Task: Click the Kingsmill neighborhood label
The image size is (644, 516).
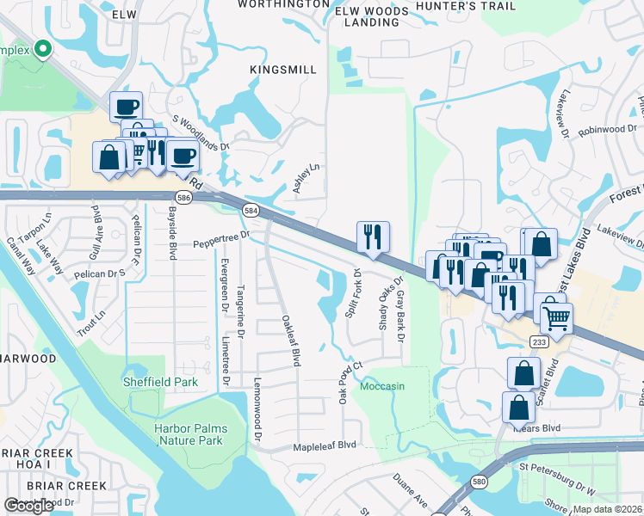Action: [279, 68]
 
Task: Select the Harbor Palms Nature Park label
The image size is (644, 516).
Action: [189, 434]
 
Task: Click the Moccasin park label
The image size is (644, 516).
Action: [381, 386]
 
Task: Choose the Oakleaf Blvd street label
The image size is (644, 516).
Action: [290, 341]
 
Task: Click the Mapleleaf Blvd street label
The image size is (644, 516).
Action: [323, 445]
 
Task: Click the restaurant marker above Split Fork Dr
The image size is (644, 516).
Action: [373, 236]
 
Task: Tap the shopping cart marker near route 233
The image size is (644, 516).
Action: [556, 317]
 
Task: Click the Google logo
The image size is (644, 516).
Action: [29, 506]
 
